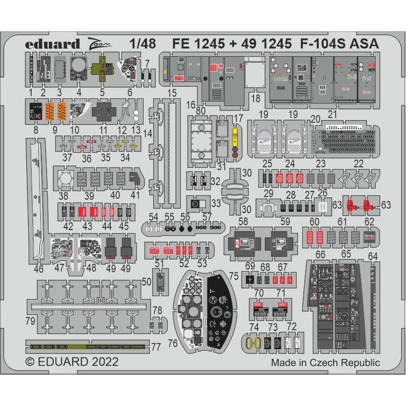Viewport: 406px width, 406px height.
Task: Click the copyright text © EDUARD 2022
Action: pyautogui.click(x=72, y=362)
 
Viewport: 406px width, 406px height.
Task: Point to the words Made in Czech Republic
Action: pyautogui.click(x=325, y=362)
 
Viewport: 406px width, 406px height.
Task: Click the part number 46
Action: pyautogui.click(x=39, y=269)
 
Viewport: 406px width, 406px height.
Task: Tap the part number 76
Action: pyautogui.click(x=173, y=344)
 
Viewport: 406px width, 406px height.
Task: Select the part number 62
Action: pyautogui.click(x=369, y=221)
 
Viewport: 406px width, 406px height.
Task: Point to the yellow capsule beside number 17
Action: pyautogui.click(x=234, y=135)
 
